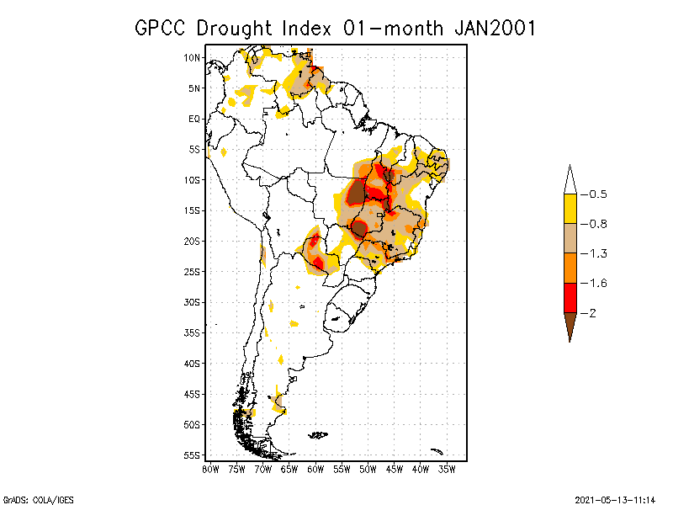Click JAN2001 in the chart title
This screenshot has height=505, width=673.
click(x=495, y=28)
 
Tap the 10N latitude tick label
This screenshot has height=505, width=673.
click(x=192, y=58)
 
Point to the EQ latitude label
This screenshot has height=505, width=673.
click(x=194, y=119)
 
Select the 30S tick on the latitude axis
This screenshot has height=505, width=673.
click(x=192, y=302)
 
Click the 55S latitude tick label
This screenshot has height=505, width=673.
click(x=192, y=454)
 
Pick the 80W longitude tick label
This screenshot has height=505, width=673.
click(x=210, y=469)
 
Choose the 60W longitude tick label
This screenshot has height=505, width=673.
click(x=315, y=469)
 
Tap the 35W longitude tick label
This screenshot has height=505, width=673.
click(x=447, y=469)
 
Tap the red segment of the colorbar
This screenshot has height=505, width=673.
click(x=570, y=297)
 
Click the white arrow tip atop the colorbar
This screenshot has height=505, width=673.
click(x=570, y=179)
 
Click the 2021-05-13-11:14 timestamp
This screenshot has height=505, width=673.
click(x=615, y=497)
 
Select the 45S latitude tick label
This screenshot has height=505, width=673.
click(x=192, y=394)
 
